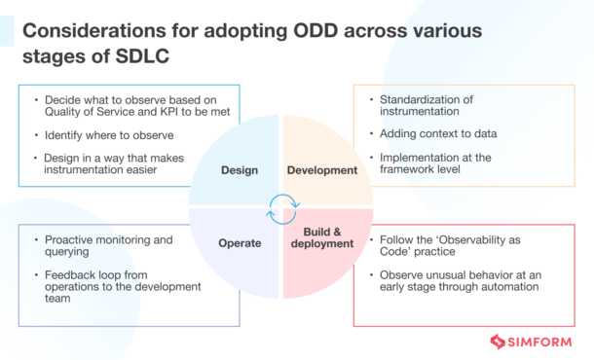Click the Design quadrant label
click(239, 170)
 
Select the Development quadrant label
click(323, 170)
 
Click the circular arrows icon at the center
click(282, 206)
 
